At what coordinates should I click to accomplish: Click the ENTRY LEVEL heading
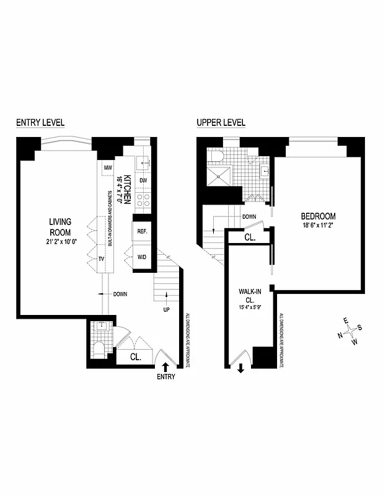tap(40, 123)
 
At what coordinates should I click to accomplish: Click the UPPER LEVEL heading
tap(221, 123)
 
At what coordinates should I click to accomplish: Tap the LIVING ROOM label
tap(61, 227)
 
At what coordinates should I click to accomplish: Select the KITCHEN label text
tap(126, 188)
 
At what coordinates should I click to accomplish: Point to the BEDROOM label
tap(318, 216)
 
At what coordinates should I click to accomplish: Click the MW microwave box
tap(107, 168)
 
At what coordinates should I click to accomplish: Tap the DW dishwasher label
tap(143, 180)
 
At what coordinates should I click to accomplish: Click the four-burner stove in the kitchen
tap(143, 200)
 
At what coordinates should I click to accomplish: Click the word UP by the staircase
tap(166, 309)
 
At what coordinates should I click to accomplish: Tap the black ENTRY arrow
tap(165, 367)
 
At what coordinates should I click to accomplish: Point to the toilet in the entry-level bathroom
tap(98, 351)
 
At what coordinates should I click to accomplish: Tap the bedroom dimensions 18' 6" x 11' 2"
tap(318, 226)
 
